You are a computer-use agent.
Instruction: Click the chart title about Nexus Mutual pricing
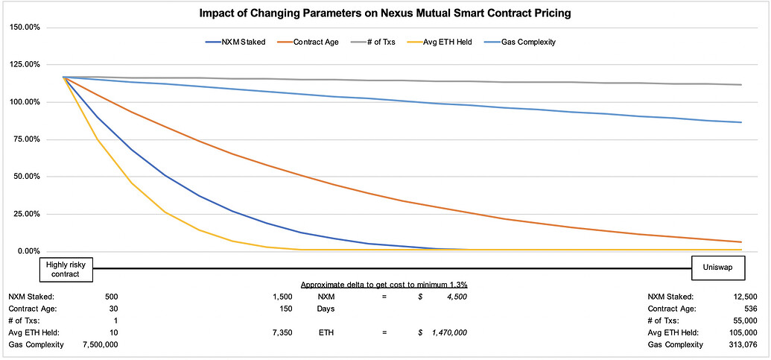pyautogui.click(x=385, y=13)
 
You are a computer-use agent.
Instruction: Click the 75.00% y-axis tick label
pyautogui.click(x=26, y=139)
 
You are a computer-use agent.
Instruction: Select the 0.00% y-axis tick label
pyautogui.click(x=28, y=251)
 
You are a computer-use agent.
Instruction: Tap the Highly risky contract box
pyautogui.click(x=66, y=268)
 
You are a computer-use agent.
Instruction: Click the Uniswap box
pyautogui.click(x=716, y=268)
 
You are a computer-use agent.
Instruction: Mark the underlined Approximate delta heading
pyautogui.click(x=384, y=285)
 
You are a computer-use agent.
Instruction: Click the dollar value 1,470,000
pyautogui.click(x=446, y=332)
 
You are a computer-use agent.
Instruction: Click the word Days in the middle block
pyautogui.click(x=326, y=309)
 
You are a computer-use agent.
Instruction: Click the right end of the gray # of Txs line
pyautogui.click(x=740, y=84)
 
